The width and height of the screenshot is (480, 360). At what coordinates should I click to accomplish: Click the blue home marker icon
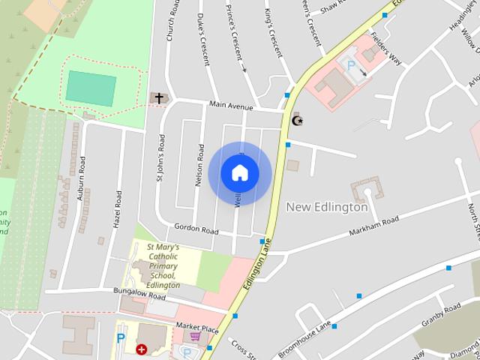pos(239,173)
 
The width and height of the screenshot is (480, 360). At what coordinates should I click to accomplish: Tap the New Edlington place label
pos(327,207)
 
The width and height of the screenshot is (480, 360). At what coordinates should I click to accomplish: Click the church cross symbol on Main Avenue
pos(158,98)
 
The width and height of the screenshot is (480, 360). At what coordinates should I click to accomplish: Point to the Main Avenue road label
pos(235,106)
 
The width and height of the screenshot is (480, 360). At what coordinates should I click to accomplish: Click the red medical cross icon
pos(141,349)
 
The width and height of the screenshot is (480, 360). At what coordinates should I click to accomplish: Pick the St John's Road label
pos(160,158)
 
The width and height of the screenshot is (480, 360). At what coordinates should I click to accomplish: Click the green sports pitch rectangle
pos(91,87)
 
